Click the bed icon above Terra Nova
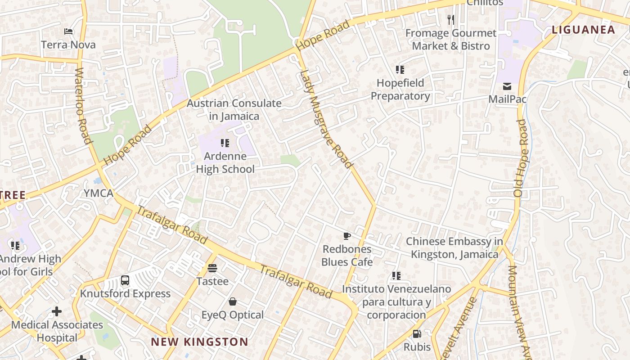coord(68,31)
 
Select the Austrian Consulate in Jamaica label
coord(234,109)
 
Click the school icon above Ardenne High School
coord(225,143)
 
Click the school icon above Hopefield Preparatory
coord(400,70)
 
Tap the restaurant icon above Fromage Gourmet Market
coord(450,19)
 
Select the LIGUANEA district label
coord(583,30)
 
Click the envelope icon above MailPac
coord(507,86)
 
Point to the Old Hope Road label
coord(521,157)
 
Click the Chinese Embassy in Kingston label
coord(454,247)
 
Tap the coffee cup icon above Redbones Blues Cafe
coord(347,236)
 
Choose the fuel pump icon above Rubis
coord(417,334)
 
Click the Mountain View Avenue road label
coord(518,310)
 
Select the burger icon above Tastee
coord(212,268)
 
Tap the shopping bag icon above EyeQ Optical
coord(233,301)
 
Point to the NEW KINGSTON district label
coord(199,342)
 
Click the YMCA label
coord(99,193)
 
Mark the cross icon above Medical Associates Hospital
coord(57,311)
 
